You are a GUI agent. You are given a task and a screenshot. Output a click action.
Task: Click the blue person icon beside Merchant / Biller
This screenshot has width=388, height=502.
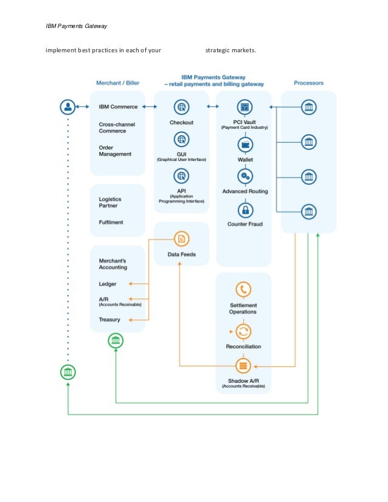coord(68,107)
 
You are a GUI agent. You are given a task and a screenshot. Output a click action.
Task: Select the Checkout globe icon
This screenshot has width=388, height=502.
coord(181,108)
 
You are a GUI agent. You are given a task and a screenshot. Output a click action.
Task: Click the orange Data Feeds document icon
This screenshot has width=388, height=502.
coord(181,239)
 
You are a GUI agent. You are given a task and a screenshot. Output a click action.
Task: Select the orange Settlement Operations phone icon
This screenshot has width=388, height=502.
coord(244,289)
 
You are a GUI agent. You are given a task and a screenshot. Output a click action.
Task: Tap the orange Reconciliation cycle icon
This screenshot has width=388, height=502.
coord(244,332)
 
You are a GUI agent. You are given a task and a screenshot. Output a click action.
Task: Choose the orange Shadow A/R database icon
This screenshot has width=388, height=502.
coord(244,366)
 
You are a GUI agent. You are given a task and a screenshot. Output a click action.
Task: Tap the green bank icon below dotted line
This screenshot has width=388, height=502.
coord(68,371)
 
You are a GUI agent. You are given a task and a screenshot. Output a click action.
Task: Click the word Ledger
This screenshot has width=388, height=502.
coord(108,284)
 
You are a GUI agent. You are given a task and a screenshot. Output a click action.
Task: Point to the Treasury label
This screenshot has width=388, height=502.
coord(109,320)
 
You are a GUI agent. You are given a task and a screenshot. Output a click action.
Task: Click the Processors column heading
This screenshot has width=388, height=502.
coord(308,83)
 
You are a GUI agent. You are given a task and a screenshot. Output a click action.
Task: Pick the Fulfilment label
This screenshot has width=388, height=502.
coord(111,222)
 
